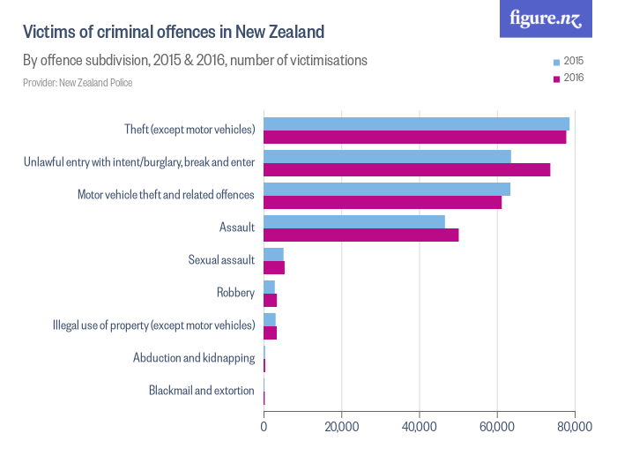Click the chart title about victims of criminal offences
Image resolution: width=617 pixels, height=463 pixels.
click(x=174, y=33)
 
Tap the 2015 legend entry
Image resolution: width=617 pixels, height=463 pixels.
click(x=569, y=61)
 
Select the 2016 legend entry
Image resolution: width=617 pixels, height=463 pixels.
click(x=569, y=78)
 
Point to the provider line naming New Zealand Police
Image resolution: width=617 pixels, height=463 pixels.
click(x=78, y=83)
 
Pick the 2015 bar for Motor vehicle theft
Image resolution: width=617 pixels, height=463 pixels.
click(x=387, y=189)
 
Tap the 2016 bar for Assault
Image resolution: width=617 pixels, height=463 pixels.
click(x=361, y=235)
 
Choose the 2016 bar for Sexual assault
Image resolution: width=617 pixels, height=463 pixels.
click(x=274, y=267)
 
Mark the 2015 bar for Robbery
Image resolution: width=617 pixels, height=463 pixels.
click(x=269, y=287)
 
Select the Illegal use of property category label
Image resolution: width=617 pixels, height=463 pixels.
click(x=154, y=325)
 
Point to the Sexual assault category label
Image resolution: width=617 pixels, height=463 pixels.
click(x=221, y=260)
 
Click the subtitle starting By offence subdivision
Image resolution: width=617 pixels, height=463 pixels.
click(x=195, y=61)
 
